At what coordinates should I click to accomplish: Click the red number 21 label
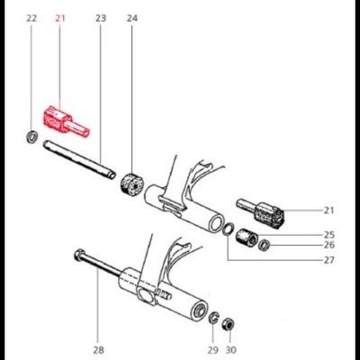coord(61,18)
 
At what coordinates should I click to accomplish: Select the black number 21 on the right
coord(328,211)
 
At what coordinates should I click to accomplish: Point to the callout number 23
coord(100,18)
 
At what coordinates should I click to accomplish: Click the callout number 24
coord(132,18)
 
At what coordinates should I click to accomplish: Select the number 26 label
coord(328,245)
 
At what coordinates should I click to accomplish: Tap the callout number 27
coord(328,261)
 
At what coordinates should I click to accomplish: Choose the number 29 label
coord(212,350)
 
